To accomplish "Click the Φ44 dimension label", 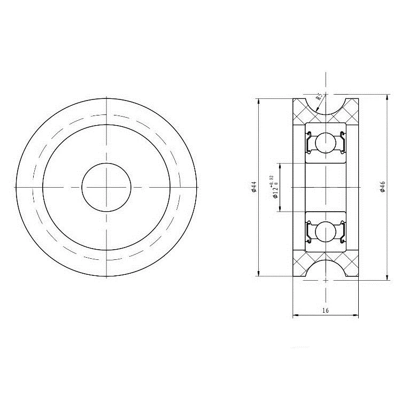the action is coord(253,187).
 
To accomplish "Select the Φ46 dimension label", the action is coord(383,187).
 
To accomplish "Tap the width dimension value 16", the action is coord(325,311).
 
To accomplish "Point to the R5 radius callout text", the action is coord(319,97).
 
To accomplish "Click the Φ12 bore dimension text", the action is coord(275,192).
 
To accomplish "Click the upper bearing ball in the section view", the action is coord(325,143).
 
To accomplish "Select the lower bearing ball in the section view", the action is coord(325,232).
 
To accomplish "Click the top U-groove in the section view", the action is coord(325,113).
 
